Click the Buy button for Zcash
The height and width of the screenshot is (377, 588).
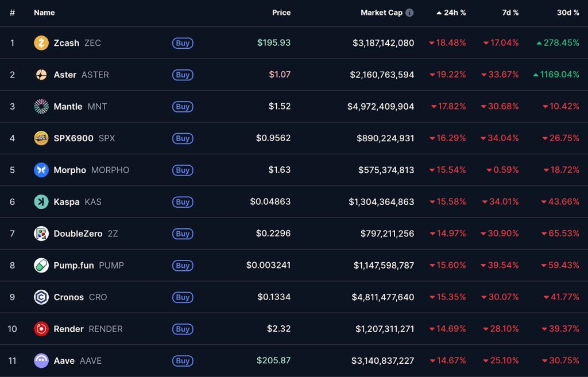pyautogui.click(x=183, y=43)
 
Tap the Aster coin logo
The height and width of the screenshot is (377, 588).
pyautogui.click(x=41, y=75)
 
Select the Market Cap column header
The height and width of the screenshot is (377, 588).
pyautogui.click(x=381, y=13)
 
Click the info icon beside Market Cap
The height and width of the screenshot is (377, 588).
pyautogui.click(x=409, y=13)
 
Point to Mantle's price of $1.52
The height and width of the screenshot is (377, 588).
pyautogui.click(x=279, y=106)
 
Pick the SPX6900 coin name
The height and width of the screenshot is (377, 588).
pyautogui.click(x=73, y=138)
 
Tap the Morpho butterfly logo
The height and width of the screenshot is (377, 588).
pyautogui.click(x=41, y=170)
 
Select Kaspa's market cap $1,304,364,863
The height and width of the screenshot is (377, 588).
pyautogui.click(x=381, y=202)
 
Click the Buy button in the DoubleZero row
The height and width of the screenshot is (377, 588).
pyautogui.click(x=183, y=234)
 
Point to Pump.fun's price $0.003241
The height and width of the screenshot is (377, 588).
pyautogui.click(x=268, y=265)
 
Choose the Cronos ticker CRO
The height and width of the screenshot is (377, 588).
pyautogui.click(x=98, y=297)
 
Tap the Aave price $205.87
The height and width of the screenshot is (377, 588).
pyautogui.click(x=274, y=360)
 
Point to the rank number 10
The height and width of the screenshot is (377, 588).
pyautogui.click(x=12, y=329)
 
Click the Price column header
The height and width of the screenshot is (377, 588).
pyautogui.click(x=281, y=13)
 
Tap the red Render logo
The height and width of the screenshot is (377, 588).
pyautogui.click(x=41, y=329)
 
